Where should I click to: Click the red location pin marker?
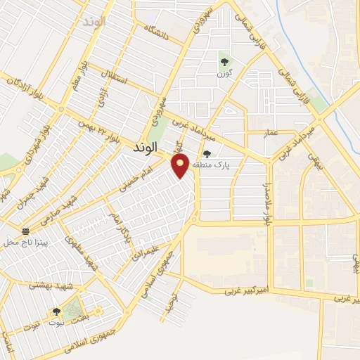pos(181,166)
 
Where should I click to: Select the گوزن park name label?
pos(224,74)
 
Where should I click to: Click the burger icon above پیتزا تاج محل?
pos(26,231)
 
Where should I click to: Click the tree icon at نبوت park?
pos(56,311)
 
